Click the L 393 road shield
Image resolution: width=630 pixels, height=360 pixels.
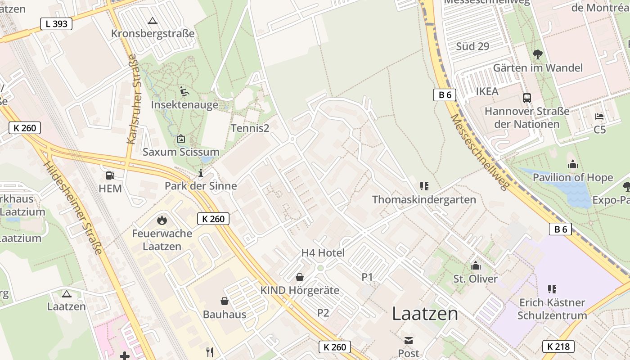(56, 24)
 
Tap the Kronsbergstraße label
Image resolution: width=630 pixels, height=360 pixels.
(153, 34)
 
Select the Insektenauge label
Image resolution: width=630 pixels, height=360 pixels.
(184, 105)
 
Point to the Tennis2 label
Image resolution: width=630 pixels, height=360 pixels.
(250, 128)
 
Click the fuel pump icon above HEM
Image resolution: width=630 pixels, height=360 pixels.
(110, 175)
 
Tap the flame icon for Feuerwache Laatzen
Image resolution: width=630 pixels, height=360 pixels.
(162, 220)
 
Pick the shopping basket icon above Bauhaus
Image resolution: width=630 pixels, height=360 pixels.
(224, 301)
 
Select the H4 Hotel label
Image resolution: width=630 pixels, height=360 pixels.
(323, 253)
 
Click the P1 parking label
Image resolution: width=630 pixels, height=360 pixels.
(367, 277)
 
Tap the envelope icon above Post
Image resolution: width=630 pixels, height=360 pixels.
(408, 341)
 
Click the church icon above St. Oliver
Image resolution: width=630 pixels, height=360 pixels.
(476, 266)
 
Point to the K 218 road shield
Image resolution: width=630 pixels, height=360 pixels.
(558, 346)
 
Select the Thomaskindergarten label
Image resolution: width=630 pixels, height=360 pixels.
(424, 200)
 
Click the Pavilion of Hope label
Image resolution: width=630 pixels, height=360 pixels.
(573, 178)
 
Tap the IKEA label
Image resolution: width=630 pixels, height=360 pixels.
(487, 92)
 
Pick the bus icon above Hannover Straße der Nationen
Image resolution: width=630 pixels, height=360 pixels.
(527, 98)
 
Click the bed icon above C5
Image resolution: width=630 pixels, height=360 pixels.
(599, 117)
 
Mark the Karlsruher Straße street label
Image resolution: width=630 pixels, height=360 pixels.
(132, 99)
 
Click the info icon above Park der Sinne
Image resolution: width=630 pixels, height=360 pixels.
(201, 173)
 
